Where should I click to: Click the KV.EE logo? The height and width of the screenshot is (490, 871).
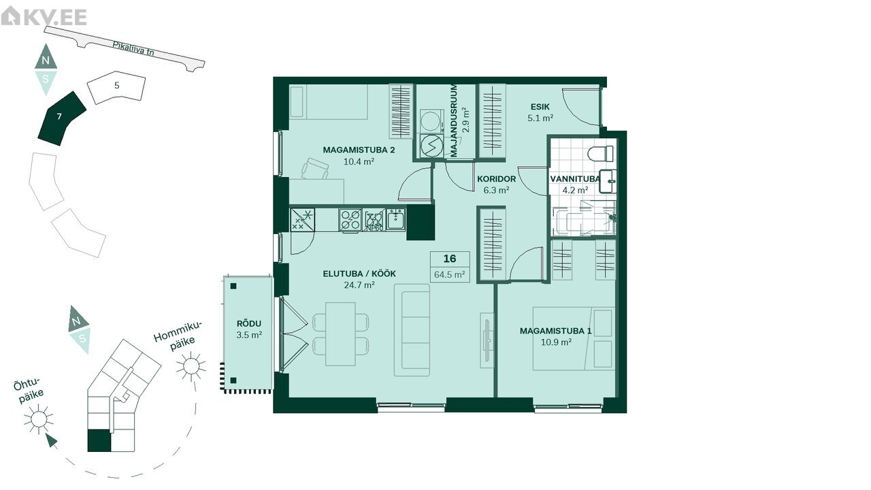tap(44, 17)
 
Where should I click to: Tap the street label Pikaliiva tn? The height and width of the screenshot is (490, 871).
tap(133, 48)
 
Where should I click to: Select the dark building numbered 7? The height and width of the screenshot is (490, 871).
tap(62, 118)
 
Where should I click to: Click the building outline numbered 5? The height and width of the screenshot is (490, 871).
tap(116, 88)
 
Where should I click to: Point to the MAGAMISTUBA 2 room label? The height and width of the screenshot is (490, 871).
tap(359, 150)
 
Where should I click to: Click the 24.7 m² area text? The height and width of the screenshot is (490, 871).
tap(359, 285)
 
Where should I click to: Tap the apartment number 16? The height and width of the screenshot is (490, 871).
tap(450, 259)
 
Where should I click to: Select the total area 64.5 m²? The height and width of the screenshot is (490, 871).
tap(450, 274)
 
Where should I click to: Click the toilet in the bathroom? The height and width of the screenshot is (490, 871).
tap(600, 153)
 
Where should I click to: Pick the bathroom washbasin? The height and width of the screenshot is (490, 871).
tap(608, 181)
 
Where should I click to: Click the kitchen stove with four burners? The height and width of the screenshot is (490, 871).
tap(350, 220)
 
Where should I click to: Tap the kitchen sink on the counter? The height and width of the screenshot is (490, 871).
tap(396, 219)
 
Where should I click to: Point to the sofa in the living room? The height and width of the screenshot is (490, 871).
tap(412, 330)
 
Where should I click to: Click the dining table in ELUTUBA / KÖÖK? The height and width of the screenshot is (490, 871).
tap(340, 334)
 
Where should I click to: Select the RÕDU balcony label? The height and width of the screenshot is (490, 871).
tap(249, 323)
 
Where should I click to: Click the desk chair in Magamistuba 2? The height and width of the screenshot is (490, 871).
tap(314, 168)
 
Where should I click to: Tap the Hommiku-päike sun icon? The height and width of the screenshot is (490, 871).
tap(191, 366)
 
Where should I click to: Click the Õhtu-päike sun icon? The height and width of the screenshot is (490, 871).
tap(38, 419)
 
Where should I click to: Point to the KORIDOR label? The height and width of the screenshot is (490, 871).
tap(497, 179)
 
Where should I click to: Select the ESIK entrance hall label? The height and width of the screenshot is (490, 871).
tap(540, 107)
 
